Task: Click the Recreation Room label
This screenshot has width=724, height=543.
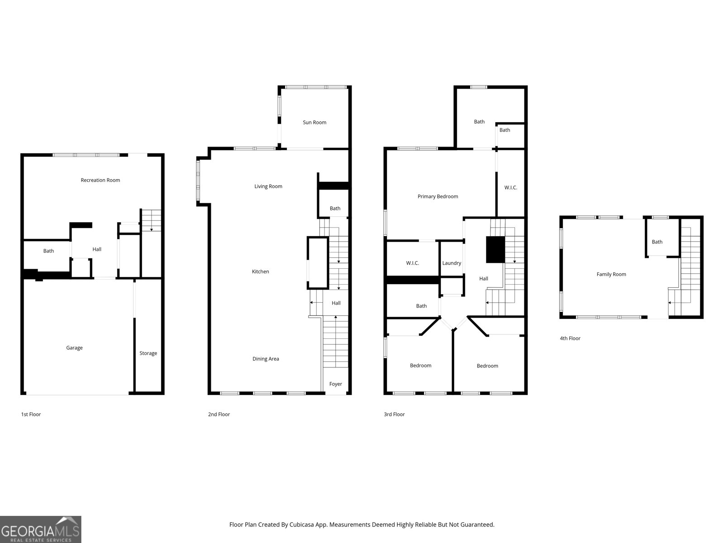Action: pyautogui.click(x=100, y=180)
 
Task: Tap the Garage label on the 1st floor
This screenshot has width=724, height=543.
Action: pyautogui.click(x=74, y=348)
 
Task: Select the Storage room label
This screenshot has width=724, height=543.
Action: pyautogui.click(x=148, y=353)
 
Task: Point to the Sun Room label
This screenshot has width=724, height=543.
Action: pyautogui.click(x=314, y=123)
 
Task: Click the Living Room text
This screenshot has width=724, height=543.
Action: pyautogui.click(x=268, y=186)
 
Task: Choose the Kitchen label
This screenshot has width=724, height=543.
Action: pyautogui.click(x=260, y=271)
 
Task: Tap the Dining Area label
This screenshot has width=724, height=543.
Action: pyautogui.click(x=266, y=359)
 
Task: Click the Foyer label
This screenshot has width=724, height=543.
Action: pyautogui.click(x=335, y=384)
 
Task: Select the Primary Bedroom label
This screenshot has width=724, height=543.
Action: pyautogui.click(x=438, y=196)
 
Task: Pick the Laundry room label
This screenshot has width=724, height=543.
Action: pyautogui.click(x=452, y=263)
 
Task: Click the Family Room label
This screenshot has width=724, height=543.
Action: pyautogui.click(x=611, y=274)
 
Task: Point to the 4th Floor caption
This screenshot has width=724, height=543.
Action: pyautogui.click(x=570, y=338)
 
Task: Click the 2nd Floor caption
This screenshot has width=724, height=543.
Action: pyautogui.click(x=219, y=414)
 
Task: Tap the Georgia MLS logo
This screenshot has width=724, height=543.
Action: pyautogui.click(x=41, y=529)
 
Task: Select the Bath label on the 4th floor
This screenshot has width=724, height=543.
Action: pyautogui.click(x=657, y=242)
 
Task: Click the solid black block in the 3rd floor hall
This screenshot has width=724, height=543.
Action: pyautogui.click(x=495, y=249)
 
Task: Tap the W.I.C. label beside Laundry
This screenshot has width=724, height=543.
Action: pyautogui.click(x=412, y=263)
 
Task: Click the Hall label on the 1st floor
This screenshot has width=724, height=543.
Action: pyautogui.click(x=97, y=249)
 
